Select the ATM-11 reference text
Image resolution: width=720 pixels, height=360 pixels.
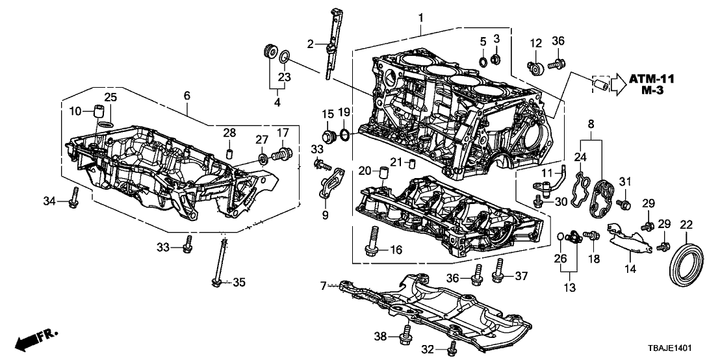click(652, 79)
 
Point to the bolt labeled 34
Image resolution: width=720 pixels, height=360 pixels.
click(75, 198)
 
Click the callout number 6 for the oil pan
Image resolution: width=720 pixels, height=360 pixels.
click(187, 95)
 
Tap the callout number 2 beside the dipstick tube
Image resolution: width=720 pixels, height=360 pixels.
click(311, 44)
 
